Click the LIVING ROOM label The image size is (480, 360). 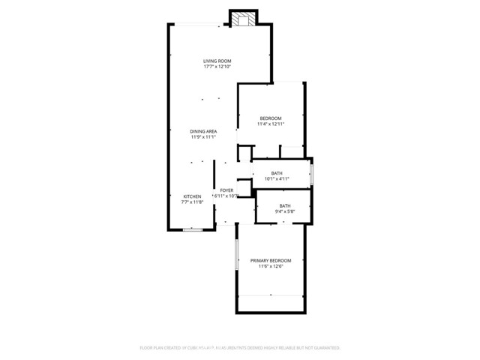click(217, 61)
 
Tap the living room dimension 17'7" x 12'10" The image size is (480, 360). click(217, 67)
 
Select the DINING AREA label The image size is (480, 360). click(203, 131)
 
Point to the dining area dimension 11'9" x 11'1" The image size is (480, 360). click(203, 137)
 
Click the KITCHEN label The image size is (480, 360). click(192, 196)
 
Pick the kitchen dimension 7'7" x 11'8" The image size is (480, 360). click(192, 202)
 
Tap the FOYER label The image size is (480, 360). click(226, 190)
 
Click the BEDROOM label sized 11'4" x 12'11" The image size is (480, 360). click(271, 118)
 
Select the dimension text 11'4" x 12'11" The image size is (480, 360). click(271, 124)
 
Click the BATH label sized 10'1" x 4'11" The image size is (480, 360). click(277, 173)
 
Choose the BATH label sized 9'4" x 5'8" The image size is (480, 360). click(285, 206)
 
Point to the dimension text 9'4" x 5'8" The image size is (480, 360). click(285, 212)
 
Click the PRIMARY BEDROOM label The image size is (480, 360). click(271, 260)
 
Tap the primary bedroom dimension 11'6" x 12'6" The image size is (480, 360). click(271, 266)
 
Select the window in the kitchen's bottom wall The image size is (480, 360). click(193, 229)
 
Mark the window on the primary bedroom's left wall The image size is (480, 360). click(237, 258)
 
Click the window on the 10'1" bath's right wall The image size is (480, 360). click(311, 174)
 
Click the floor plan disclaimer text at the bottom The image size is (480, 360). click(240, 348)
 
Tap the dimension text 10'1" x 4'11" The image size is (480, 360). click(277, 179)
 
